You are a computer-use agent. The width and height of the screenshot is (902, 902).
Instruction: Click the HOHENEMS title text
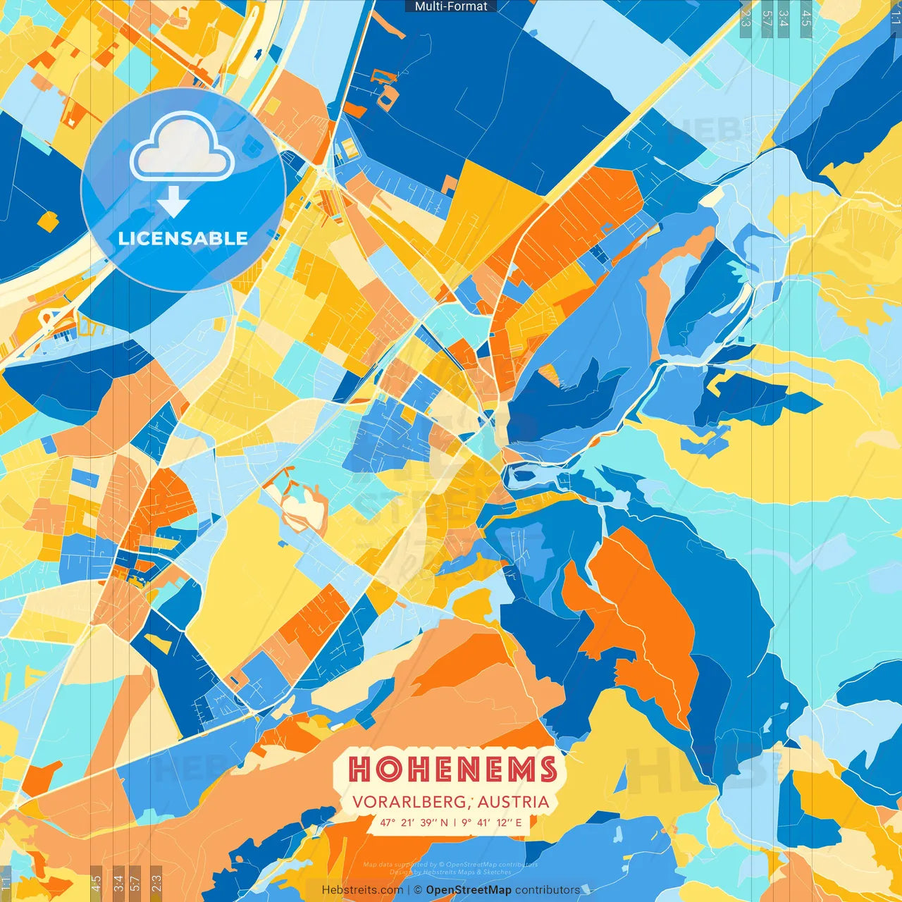pos(453,769)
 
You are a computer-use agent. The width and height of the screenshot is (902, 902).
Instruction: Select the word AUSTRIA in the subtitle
pos(514,802)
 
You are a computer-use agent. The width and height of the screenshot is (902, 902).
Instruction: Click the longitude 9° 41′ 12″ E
pos(492,822)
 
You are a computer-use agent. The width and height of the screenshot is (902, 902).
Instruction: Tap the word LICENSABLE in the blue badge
pos(183,238)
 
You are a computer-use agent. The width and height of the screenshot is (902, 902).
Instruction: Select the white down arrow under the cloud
pos(173,202)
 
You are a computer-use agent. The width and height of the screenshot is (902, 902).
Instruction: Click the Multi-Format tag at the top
pos(451,6)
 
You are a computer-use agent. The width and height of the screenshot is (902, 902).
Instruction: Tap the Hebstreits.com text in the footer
pos(362,890)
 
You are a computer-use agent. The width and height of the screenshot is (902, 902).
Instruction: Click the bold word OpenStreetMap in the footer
pos(469,890)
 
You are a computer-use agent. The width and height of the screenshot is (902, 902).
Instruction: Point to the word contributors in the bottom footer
pos(548,890)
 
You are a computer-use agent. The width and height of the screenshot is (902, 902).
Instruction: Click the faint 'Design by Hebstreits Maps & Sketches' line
pos(451,872)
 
